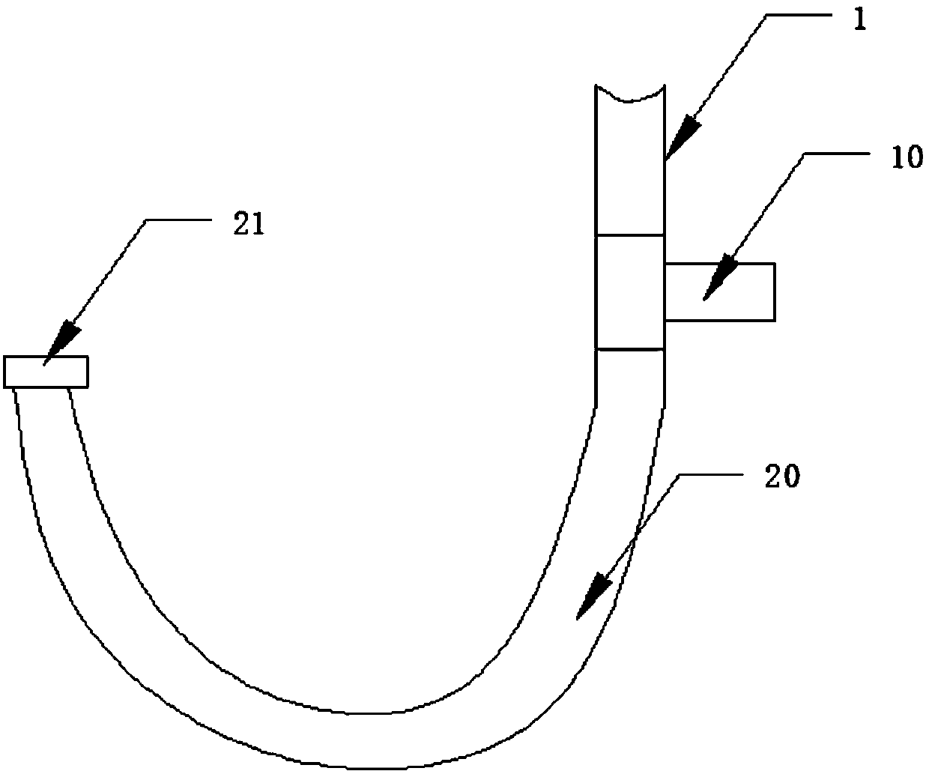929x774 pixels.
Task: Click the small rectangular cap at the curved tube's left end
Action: click(46, 372)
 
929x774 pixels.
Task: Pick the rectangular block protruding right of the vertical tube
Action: click(719, 292)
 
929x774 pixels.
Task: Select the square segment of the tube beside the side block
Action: click(629, 292)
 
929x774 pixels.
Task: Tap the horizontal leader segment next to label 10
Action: click(839, 153)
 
